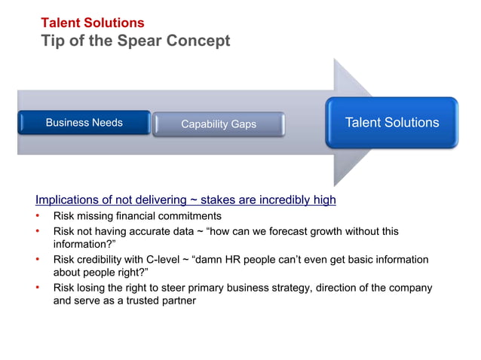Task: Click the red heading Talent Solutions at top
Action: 92,23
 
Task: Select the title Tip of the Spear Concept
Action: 135,41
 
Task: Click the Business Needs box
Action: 84,123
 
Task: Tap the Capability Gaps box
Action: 219,124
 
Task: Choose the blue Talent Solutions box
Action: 391,123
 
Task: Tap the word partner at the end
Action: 176,301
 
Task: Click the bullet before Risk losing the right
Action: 38,288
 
